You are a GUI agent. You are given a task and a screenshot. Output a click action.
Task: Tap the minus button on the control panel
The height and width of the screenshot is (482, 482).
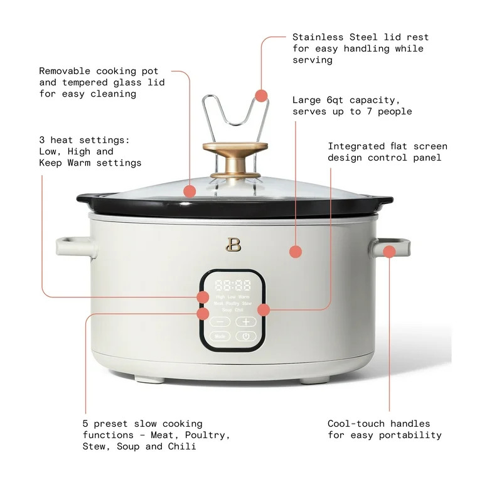220,321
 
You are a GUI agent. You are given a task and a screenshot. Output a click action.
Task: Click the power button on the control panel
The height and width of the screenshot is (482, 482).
246,336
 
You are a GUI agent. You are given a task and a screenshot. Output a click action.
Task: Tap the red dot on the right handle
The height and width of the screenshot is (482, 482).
389,252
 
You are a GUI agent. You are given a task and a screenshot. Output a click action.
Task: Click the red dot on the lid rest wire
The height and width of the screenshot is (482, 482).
262,96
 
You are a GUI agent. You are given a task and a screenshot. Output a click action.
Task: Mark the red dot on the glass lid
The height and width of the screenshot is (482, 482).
190,191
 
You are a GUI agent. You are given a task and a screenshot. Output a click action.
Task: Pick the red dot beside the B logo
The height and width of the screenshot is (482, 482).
295,252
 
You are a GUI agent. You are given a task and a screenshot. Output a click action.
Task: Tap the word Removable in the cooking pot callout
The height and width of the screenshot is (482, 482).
65,71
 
